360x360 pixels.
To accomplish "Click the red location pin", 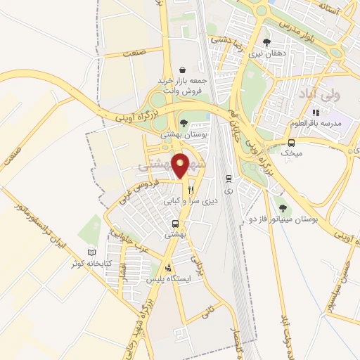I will pyautogui.click(x=182, y=165).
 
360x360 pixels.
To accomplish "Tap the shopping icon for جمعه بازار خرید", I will pyautogui.click(x=183, y=70).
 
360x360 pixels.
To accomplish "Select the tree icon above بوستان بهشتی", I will pyautogui.click(x=183, y=122).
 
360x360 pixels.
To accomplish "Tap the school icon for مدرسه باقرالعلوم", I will pyautogui.click(x=316, y=112).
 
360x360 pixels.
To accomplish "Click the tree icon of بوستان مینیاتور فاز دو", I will pyautogui.click(x=282, y=207).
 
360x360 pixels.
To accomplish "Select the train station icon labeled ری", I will pyautogui.click(x=229, y=179).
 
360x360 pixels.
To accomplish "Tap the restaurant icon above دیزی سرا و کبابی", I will pyautogui.click(x=191, y=190).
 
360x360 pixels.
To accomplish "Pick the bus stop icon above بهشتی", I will pyautogui.click(x=174, y=225).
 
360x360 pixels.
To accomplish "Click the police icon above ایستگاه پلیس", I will pyautogui.click(x=167, y=268).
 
